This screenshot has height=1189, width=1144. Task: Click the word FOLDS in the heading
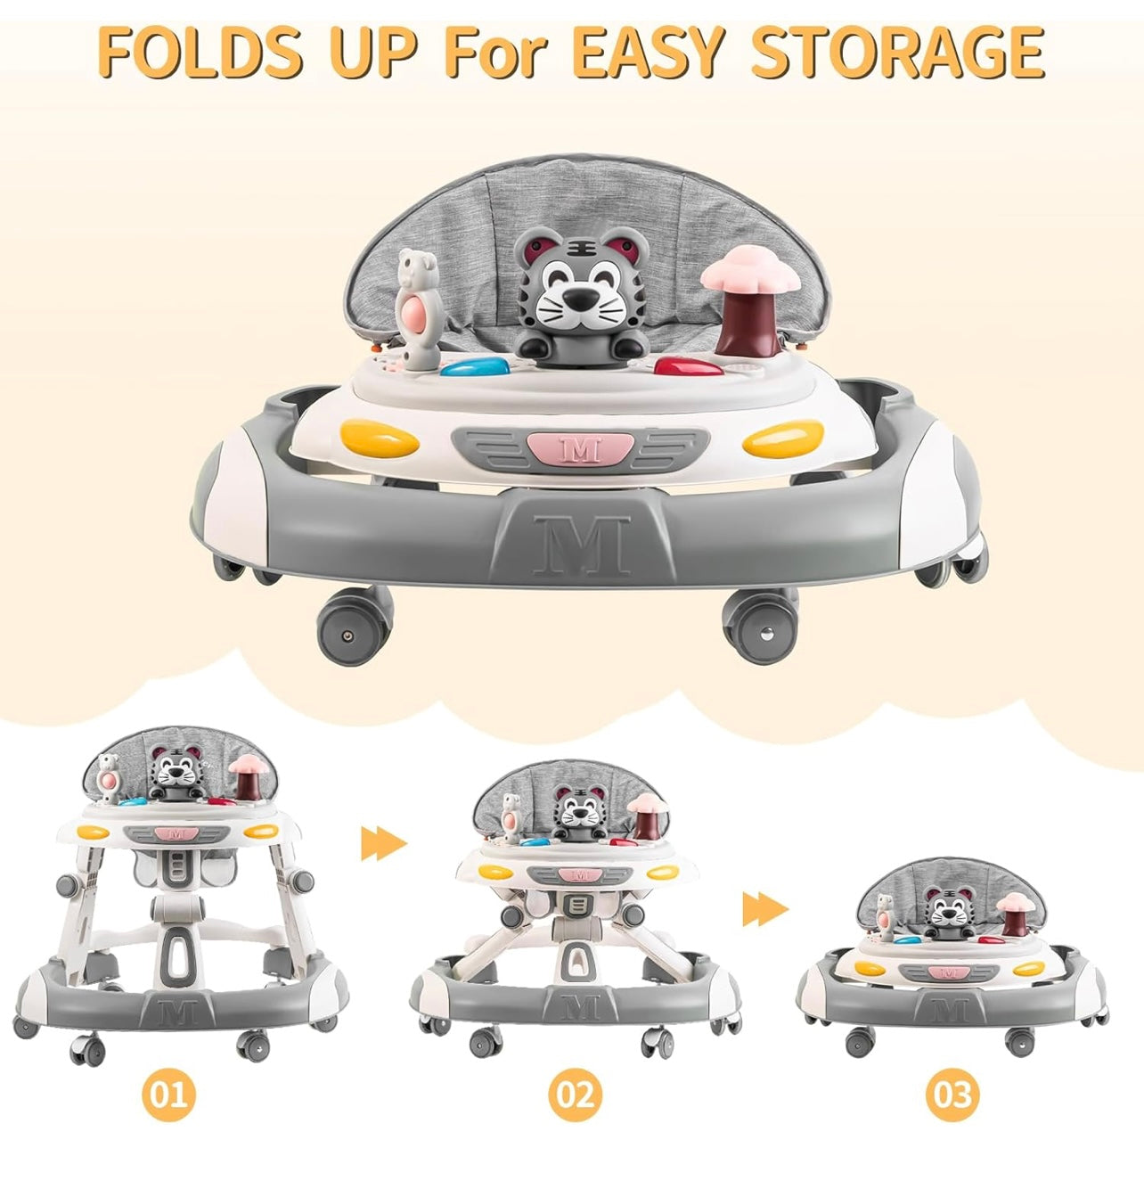200,52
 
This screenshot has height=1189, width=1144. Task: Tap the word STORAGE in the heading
897,52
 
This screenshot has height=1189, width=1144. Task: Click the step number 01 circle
169,1093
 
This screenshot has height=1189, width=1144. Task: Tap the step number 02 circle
575,1095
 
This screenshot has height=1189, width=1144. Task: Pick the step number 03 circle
952,1095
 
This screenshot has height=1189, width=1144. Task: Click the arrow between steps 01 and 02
384,843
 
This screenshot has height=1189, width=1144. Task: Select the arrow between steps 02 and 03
765,910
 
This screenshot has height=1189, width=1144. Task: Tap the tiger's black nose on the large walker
577,299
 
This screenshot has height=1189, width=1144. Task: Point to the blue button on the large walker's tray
475,366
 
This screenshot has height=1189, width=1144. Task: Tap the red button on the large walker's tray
689,366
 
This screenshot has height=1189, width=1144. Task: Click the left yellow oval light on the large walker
379,439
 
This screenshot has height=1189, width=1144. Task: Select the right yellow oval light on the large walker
783,439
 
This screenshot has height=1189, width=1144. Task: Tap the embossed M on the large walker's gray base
582,545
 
